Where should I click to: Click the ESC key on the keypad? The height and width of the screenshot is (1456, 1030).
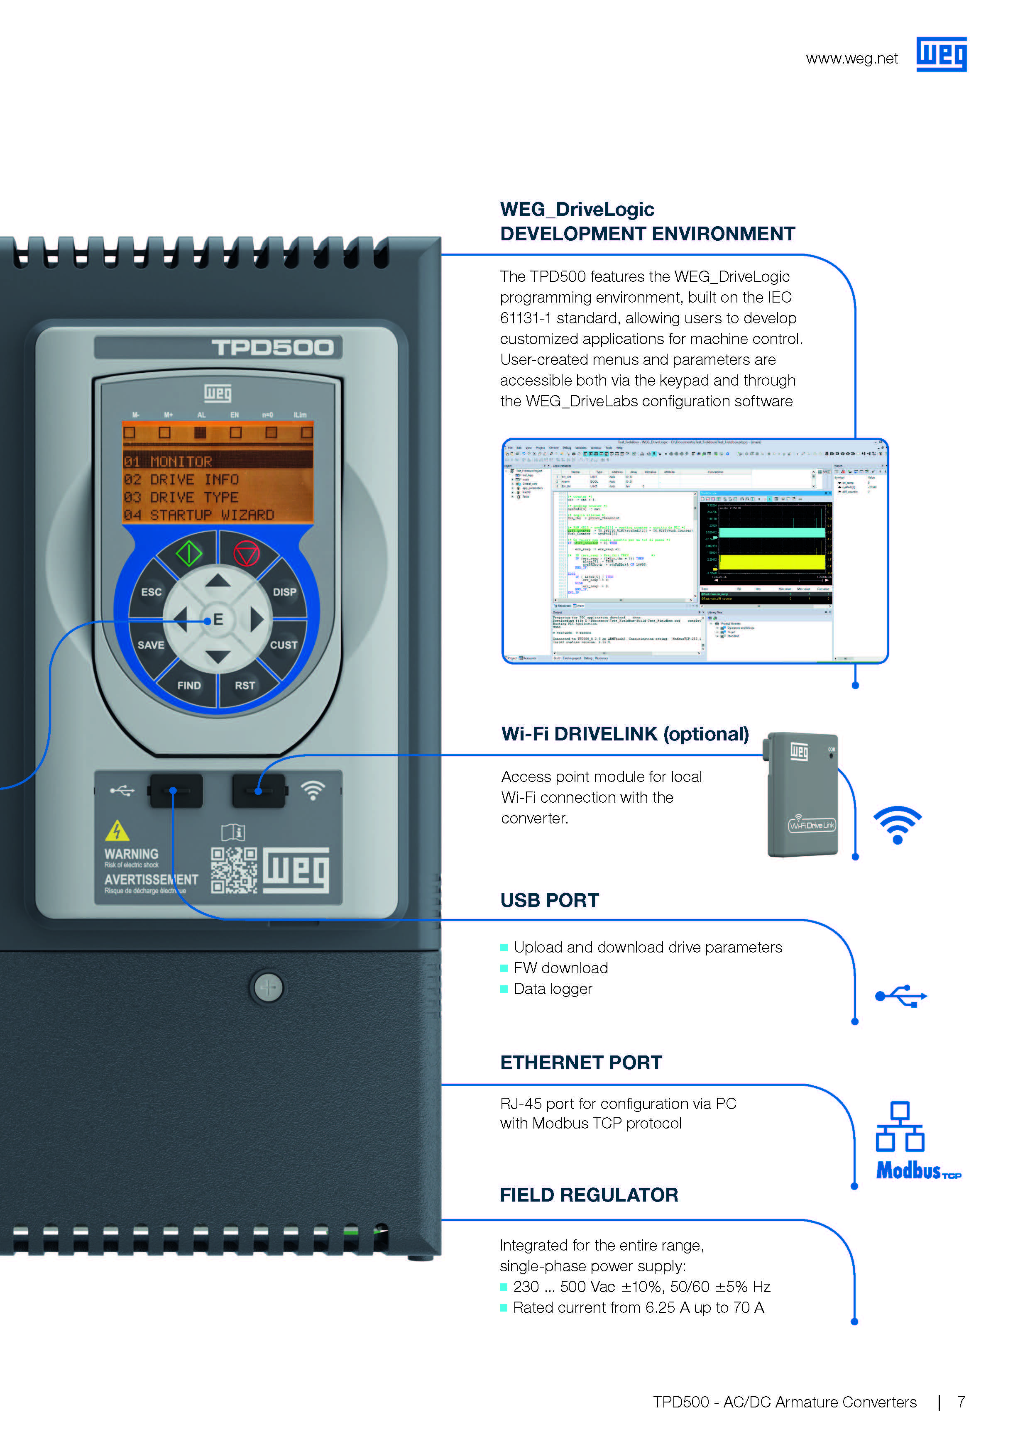tap(151, 592)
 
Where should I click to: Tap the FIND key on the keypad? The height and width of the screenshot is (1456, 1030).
tap(189, 686)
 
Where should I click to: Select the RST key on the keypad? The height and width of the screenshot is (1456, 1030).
tap(245, 686)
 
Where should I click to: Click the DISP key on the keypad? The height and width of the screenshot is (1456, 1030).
tap(284, 592)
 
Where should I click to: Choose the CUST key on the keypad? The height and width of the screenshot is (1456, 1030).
tap(284, 645)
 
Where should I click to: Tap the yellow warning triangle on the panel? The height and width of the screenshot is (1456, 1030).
tap(117, 831)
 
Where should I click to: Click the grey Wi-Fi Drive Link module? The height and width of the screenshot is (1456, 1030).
tap(803, 796)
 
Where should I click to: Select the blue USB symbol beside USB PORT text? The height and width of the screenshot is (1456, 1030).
tap(900, 996)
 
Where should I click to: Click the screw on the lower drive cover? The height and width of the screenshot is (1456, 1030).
tap(268, 987)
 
